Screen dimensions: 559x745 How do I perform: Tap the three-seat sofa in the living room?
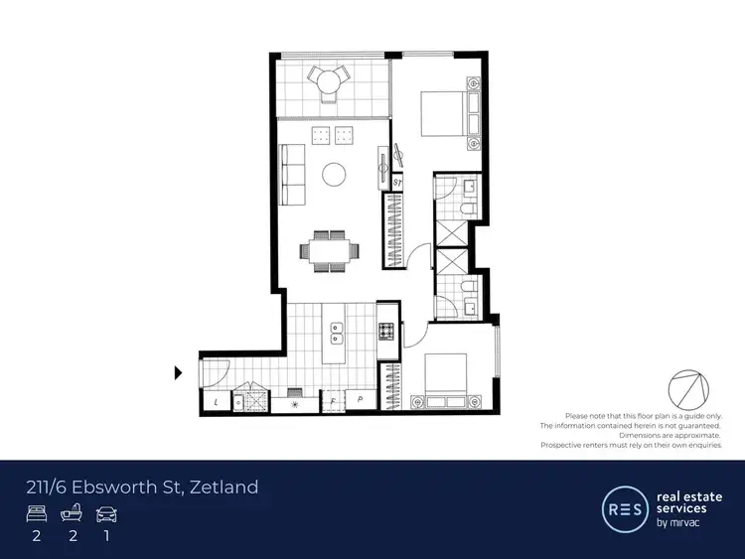tap(292, 170)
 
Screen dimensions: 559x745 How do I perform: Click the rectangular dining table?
tap(329, 250)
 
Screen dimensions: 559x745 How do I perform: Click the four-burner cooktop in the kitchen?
tap(386, 331)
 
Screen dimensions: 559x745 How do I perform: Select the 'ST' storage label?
tap(396, 183)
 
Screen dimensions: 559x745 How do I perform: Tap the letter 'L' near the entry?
tap(218, 403)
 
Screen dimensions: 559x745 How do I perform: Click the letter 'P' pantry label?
tap(360, 402)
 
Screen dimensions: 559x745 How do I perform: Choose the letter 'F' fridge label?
tap(333, 402)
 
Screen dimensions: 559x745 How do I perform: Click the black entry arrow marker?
tap(179, 373)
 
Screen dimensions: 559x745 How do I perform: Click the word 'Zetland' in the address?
tap(224, 487)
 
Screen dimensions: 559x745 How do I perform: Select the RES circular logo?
tap(623, 508)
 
